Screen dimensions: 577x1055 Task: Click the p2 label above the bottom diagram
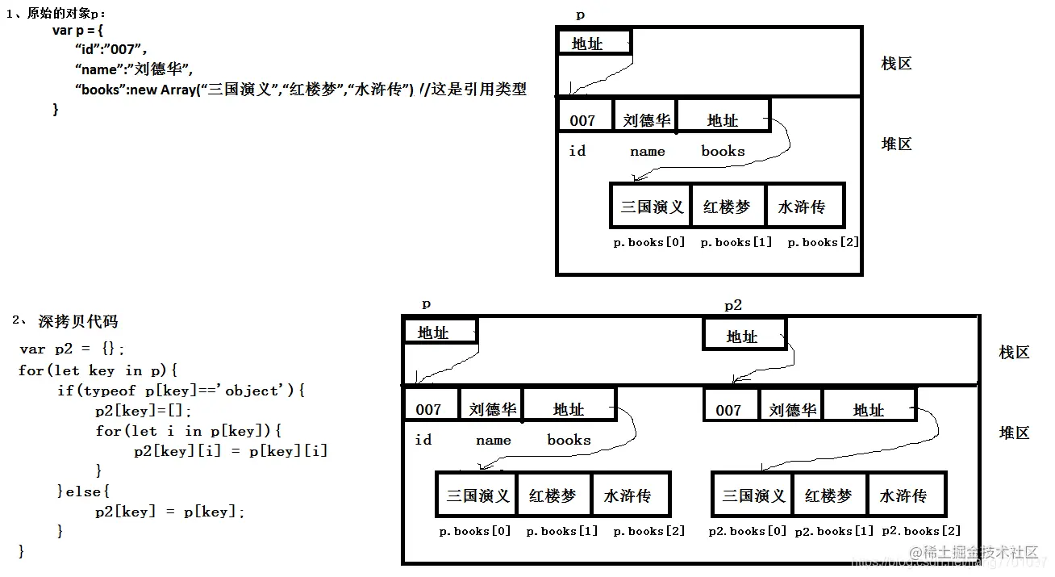pos(732,305)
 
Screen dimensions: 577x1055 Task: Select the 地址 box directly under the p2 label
pos(743,335)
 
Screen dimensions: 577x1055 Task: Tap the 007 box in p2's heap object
pos(729,409)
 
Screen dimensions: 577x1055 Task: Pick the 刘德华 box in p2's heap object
pos(792,409)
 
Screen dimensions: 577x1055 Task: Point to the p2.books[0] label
pos(747,531)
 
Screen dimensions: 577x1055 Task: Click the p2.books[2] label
pos(921,531)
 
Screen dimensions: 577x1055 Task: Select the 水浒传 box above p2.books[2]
pos(903,495)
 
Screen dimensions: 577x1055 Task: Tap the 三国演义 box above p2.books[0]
pos(753,495)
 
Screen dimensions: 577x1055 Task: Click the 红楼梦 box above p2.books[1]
pos(828,495)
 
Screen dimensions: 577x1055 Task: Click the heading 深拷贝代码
pos(77,321)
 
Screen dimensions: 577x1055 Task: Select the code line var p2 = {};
pos(72,349)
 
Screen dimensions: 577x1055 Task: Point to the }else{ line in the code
pos(83,491)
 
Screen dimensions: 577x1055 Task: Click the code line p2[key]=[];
pos(143,411)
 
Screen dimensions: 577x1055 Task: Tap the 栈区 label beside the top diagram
pos(896,64)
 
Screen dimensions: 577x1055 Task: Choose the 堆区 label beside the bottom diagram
pos(1014,433)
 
